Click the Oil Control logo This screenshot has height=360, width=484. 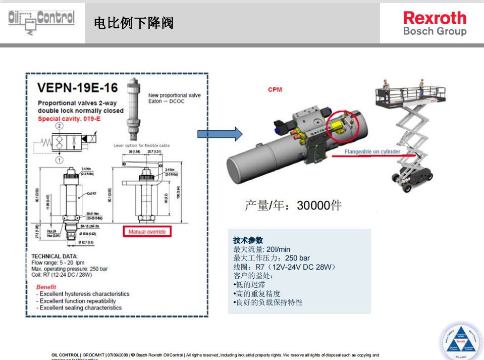(41, 22)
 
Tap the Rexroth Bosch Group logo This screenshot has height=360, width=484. (435, 24)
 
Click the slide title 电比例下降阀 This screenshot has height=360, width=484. (134, 23)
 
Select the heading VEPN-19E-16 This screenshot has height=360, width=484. (77, 88)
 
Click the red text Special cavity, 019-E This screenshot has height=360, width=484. (70, 119)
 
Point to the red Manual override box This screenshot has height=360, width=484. (147, 232)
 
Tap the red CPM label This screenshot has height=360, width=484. (275, 89)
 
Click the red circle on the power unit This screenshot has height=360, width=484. (342, 124)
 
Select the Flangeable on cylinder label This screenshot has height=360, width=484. (372, 152)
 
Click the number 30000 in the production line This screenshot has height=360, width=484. (313, 205)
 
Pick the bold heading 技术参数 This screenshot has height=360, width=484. (248, 240)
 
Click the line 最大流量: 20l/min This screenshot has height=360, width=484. (261, 249)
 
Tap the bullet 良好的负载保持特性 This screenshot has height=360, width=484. (268, 302)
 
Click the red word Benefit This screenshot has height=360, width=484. (46, 287)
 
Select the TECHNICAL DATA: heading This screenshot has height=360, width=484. (54, 256)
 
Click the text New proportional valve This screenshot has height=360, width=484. (174, 95)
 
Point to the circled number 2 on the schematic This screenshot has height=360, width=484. (59, 126)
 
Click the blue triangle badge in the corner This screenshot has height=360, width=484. (460, 340)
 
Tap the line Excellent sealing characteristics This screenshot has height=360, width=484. (80, 307)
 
